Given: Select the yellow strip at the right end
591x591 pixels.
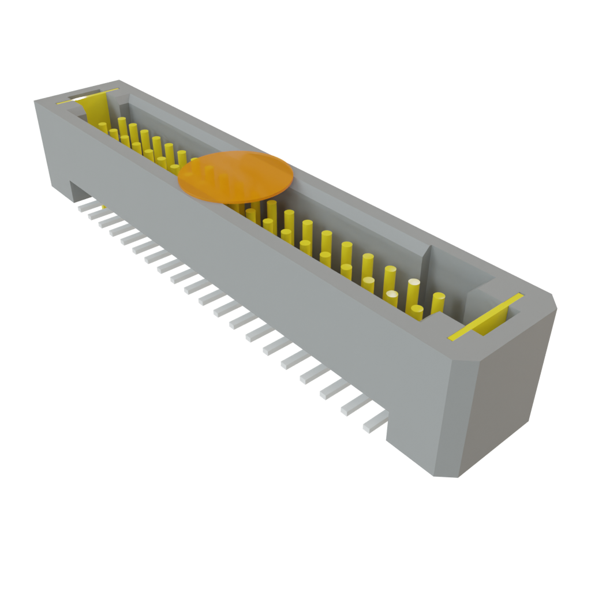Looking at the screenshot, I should pyautogui.click(x=486, y=316).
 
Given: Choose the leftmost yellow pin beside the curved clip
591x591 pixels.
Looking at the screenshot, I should pyautogui.click(x=103, y=128).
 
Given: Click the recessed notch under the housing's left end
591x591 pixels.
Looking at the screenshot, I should pyautogui.click(x=77, y=190).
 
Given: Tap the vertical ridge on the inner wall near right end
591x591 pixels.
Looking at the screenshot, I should pyautogui.click(x=427, y=260).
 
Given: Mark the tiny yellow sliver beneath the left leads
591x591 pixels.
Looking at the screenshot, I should pyautogui.click(x=103, y=207).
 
